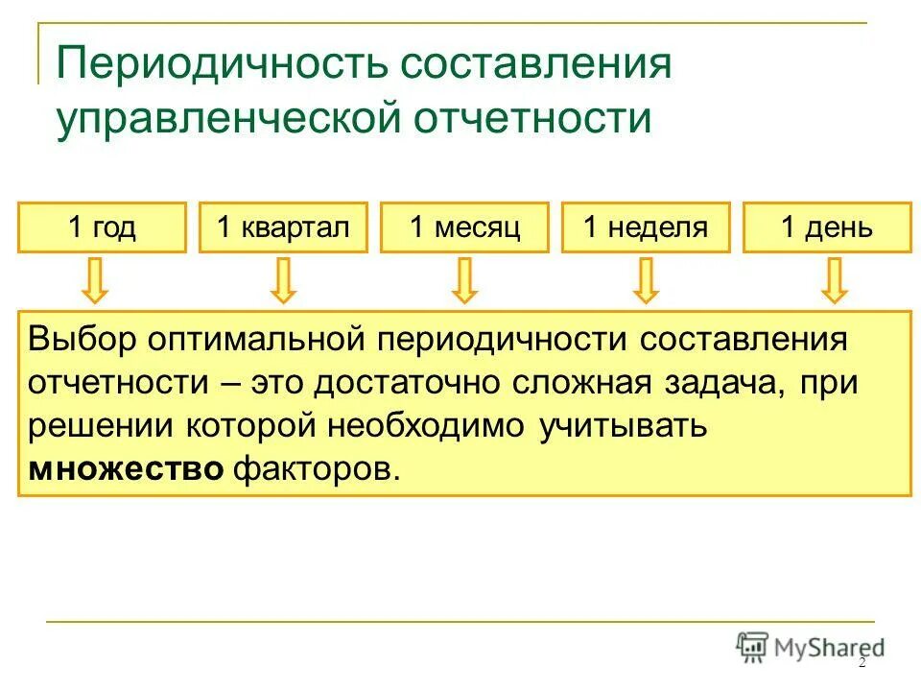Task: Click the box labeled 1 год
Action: [x=102, y=227]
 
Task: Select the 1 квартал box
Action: [x=283, y=227]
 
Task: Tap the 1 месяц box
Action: [x=464, y=227]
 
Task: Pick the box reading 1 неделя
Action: [x=646, y=227]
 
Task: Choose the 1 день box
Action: [x=827, y=227]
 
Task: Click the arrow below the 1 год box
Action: [x=95, y=280]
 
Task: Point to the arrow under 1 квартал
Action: [x=282, y=280]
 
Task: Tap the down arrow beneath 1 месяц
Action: [x=465, y=280]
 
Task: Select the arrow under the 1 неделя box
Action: [x=647, y=280]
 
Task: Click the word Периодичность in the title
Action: [x=223, y=65]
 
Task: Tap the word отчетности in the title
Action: [x=531, y=120]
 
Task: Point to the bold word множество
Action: [x=127, y=469]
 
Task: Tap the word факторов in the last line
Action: [x=315, y=469]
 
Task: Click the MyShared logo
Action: [x=810, y=647]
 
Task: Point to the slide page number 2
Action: [x=861, y=663]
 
